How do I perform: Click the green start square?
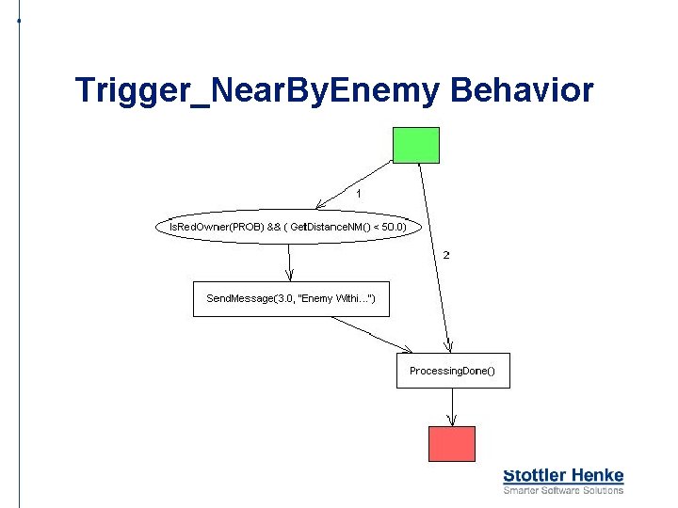415,145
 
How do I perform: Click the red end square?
452,443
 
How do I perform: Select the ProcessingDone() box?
452,371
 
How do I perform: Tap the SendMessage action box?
290,299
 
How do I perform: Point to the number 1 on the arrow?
358,194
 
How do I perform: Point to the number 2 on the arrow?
445,255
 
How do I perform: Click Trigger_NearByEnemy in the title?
257,91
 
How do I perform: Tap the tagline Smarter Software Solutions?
563,490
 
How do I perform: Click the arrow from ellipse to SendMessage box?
290,262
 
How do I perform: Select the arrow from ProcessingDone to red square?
453,406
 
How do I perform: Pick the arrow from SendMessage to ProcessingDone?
372,334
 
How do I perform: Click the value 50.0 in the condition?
394,227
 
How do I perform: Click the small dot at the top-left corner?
19,20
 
